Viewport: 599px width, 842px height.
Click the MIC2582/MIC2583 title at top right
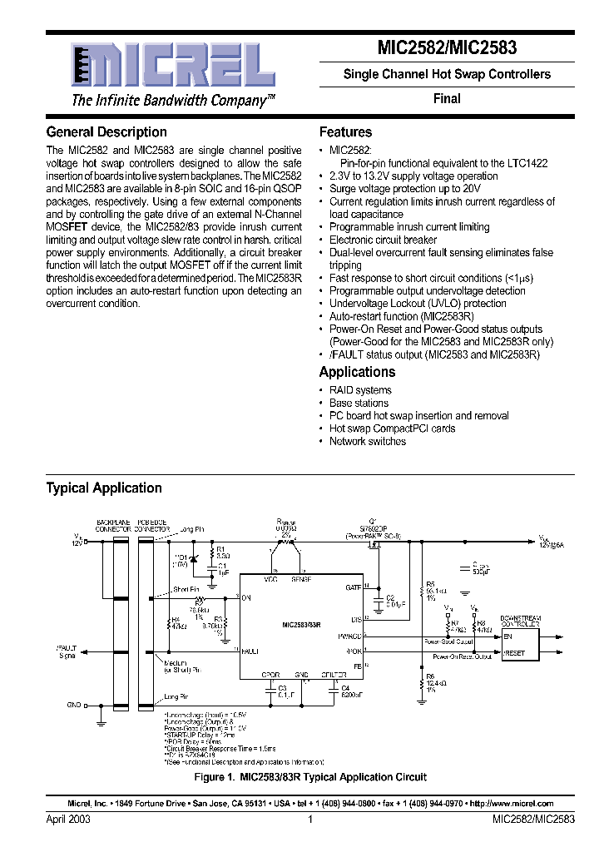point(447,49)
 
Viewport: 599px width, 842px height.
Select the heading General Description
point(106,132)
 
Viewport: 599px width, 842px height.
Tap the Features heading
point(345,132)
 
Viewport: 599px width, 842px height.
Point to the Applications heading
point(357,372)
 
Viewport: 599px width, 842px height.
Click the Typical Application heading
point(104,488)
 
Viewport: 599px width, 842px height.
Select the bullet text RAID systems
point(359,390)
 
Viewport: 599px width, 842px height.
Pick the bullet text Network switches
point(367,442)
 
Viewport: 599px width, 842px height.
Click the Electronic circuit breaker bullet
point(383,240)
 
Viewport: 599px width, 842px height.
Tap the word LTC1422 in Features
point(527,164)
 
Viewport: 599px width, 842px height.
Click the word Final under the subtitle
point(447,98)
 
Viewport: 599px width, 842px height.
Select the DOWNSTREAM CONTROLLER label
point(522,621)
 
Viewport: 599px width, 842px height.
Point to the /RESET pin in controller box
point(514,654)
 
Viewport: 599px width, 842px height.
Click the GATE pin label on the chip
point(353,587)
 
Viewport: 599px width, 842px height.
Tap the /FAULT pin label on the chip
point(250,650)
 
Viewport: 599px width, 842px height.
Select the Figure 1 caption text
point(309,777)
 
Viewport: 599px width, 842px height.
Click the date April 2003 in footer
point(68,820)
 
